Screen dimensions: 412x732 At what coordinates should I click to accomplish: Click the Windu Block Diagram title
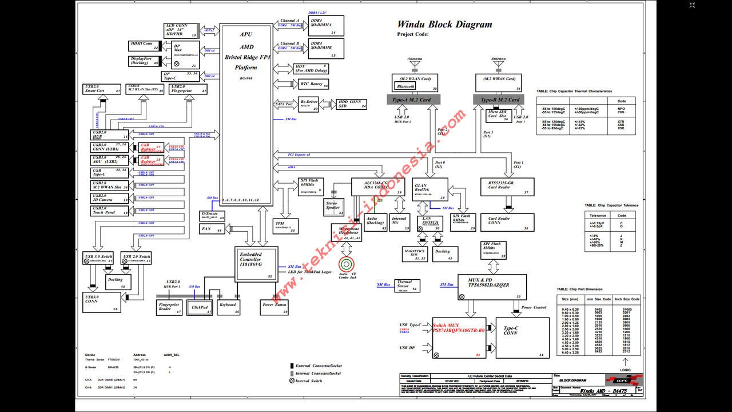pos(444,25)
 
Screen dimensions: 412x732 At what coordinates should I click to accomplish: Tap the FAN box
pos(212,229)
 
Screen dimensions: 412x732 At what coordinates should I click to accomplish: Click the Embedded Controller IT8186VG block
pos(256,264)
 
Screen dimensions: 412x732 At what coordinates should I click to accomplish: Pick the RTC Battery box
pos(313,84)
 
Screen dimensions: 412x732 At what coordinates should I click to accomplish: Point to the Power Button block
pos(274,307)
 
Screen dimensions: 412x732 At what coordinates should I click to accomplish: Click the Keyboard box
pos(228,307)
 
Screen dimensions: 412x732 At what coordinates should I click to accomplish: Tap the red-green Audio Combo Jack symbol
pos(347,264)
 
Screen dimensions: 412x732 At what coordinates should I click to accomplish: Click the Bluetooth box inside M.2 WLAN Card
pos(405,86)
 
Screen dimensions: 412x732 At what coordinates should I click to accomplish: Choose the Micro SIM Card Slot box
pos(498,115)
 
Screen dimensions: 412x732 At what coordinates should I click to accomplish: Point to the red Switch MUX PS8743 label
pos(459,328)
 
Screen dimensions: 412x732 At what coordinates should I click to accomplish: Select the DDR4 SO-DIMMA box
pos(326,26)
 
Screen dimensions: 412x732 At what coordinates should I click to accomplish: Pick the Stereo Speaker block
pos(333,207)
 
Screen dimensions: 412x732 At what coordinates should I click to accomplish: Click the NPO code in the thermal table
pos(621,108)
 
